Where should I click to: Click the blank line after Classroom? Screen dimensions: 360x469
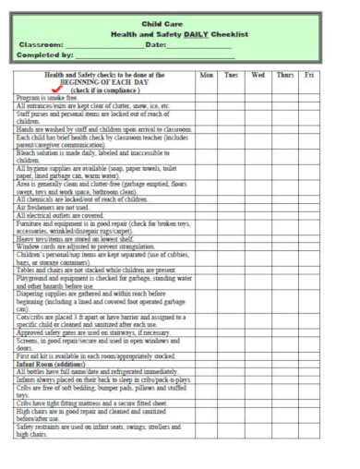[x=105, y=44]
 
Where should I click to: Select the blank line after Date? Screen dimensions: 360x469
[x=199, y=44]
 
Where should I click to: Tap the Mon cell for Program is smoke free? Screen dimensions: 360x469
[x=206, y=96]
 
